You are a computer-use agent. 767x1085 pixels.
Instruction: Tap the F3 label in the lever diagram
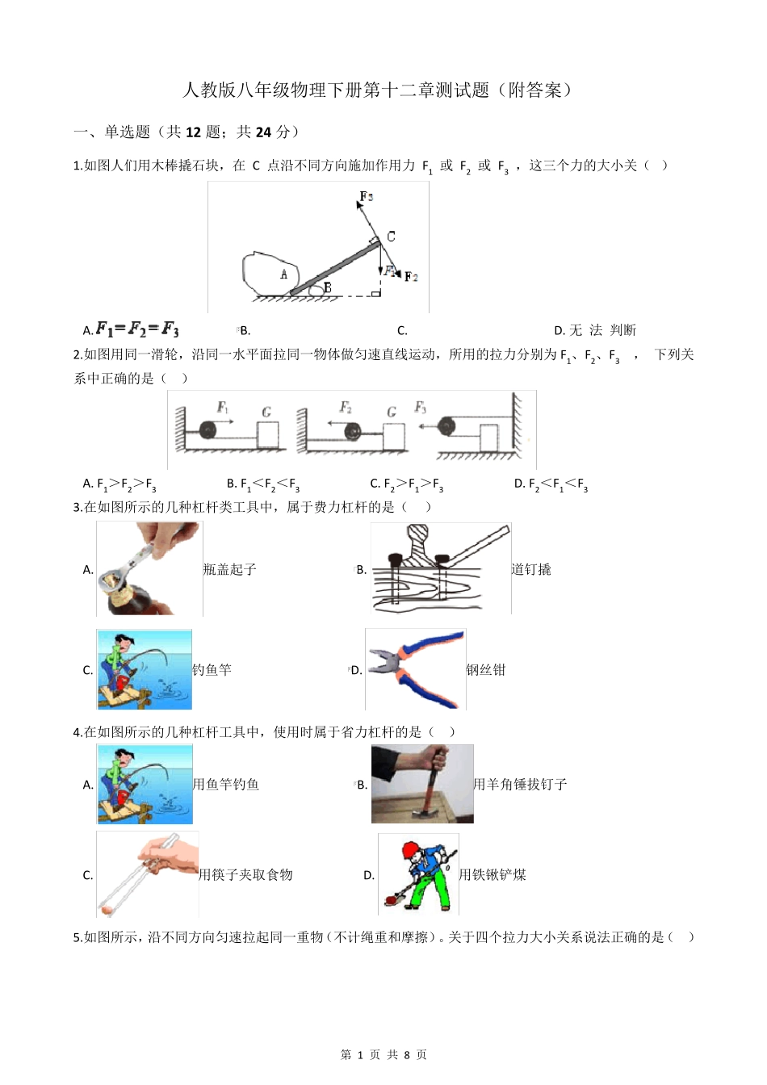click(x=366, y=196)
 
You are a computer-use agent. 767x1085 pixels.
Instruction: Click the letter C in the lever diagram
click(x=391, y=237)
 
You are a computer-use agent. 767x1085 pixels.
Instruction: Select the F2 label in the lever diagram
click(x=411, y=277)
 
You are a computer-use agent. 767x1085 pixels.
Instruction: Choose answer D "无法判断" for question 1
click(x=595, y=330)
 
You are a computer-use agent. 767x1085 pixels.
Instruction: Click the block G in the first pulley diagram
click(x=267, y=434)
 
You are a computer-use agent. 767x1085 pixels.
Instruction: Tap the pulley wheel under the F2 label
click(x=352, y=432)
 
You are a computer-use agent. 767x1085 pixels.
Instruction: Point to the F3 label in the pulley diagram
click(x=420, y=408)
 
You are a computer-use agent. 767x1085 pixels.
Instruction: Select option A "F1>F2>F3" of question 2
click(x=119, y=484)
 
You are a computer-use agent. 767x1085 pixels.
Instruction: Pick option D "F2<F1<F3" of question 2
click(x=551, y=484)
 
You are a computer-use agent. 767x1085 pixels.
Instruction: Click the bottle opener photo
click(x=149, y=568)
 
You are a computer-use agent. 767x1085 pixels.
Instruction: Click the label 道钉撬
click(x=531, y=570)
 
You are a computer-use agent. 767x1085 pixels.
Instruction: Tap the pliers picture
click(x=415, y=669)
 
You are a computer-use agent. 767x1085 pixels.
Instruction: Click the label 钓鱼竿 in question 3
click(x=212, y=670)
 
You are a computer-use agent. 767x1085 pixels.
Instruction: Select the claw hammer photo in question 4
click(x=422, y=784)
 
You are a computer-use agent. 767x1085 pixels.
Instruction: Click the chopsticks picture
click(x=147, y=874)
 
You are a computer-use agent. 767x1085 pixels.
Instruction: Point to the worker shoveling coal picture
click(x=417, y=874)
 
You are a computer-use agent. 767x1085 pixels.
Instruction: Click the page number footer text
click(x=383, y=1055)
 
